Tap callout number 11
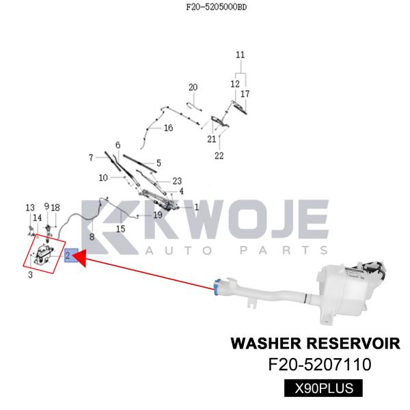coord(240,55)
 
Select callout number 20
coord(193,87)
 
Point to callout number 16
coord(168,128)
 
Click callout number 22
coord(219,156)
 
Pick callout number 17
coord(245,94)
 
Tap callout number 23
coord(177,181)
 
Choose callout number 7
coord(91,158)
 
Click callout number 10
coord(103,178)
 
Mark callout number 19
coord(157,215)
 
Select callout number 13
coord(30,208)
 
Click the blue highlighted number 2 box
coord(71,256)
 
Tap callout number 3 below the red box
coord(30,275)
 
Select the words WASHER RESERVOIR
coord(315,342)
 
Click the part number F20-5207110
coord(320,365)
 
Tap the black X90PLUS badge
coord(323,389)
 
